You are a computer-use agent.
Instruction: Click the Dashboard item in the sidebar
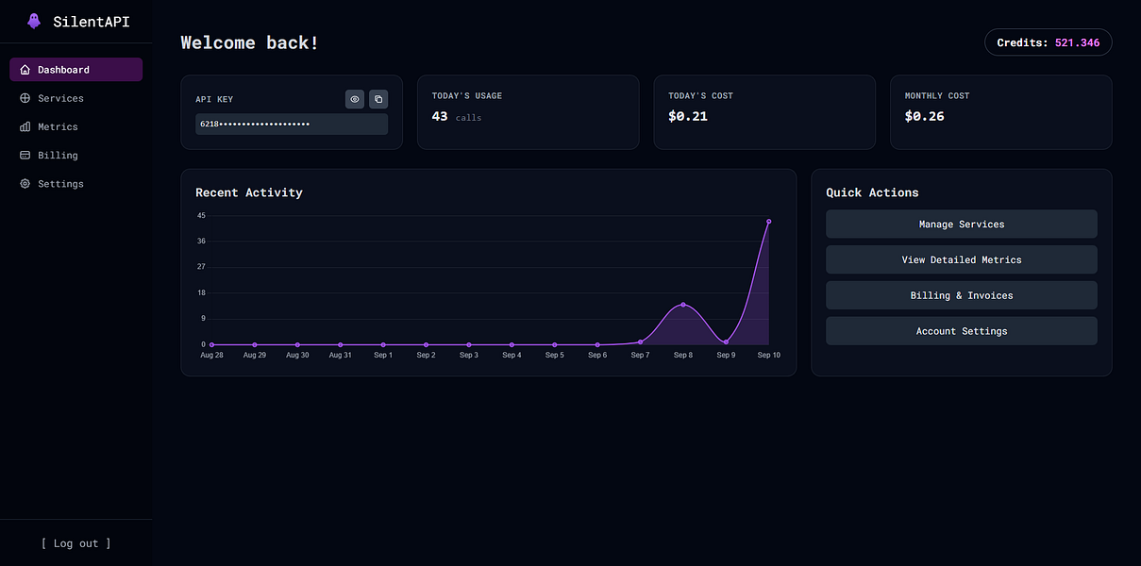pos(76,70)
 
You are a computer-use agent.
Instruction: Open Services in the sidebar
pos(60,98)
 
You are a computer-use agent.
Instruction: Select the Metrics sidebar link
pos(58,126)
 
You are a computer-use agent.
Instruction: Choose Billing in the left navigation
pos(58,155)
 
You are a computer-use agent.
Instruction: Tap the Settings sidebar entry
pos(60,184)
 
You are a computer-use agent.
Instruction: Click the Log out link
pos(76,543)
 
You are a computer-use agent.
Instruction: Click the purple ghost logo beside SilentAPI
pos(34,21)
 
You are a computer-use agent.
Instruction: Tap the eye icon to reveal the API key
pos(355,99)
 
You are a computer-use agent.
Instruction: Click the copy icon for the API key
pos(378,99)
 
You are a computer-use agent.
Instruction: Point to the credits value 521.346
pos(1077,42)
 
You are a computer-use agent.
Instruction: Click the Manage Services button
pos(961,225)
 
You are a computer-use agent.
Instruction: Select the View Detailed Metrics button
pos(961,259)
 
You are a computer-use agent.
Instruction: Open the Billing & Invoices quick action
pos(961,295)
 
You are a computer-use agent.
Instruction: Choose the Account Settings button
pos(961,331)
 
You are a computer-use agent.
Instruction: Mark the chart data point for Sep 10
pos(768,222)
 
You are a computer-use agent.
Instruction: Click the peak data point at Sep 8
pos(683,305)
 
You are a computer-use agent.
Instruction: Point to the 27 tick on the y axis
pos(201,267)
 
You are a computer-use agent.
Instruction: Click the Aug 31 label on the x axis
pos(340,356)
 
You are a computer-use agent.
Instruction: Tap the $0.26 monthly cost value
pos(924,116)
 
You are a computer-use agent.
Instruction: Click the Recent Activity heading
pos(249,192)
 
